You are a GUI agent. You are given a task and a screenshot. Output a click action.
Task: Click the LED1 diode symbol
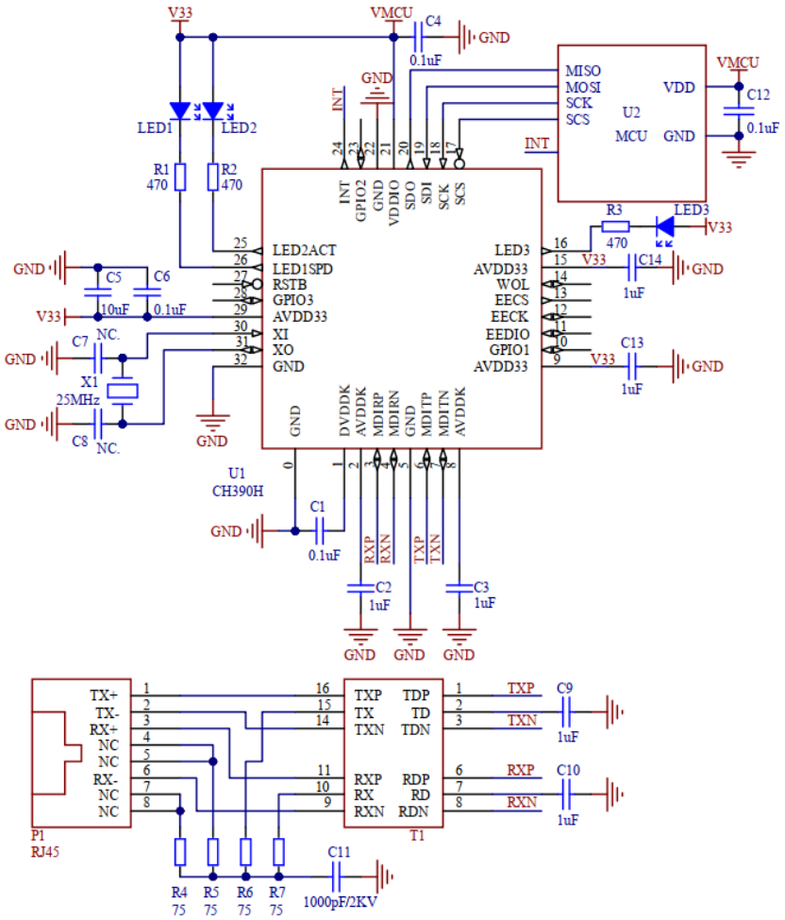point(179,111)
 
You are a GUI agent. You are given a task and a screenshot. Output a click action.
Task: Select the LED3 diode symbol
point(664,226)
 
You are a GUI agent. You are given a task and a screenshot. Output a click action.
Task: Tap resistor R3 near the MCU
point(615,226)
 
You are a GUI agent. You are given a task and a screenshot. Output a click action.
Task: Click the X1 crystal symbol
point(123,391)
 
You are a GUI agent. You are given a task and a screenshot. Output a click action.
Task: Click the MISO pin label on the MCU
point(583,71)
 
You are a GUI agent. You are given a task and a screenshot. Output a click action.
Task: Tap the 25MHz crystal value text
point(78,401)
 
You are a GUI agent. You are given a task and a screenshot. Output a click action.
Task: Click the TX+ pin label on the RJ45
point(104,694)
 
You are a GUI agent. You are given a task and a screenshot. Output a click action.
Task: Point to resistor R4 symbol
point(180,852)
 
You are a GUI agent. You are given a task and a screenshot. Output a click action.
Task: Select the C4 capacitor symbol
point(420,38)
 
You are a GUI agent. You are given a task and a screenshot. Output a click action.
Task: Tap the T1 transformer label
point(416,834)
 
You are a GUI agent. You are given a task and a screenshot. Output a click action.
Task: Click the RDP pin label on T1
point(416,779)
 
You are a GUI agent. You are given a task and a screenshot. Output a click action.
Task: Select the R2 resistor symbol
point(213,176)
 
